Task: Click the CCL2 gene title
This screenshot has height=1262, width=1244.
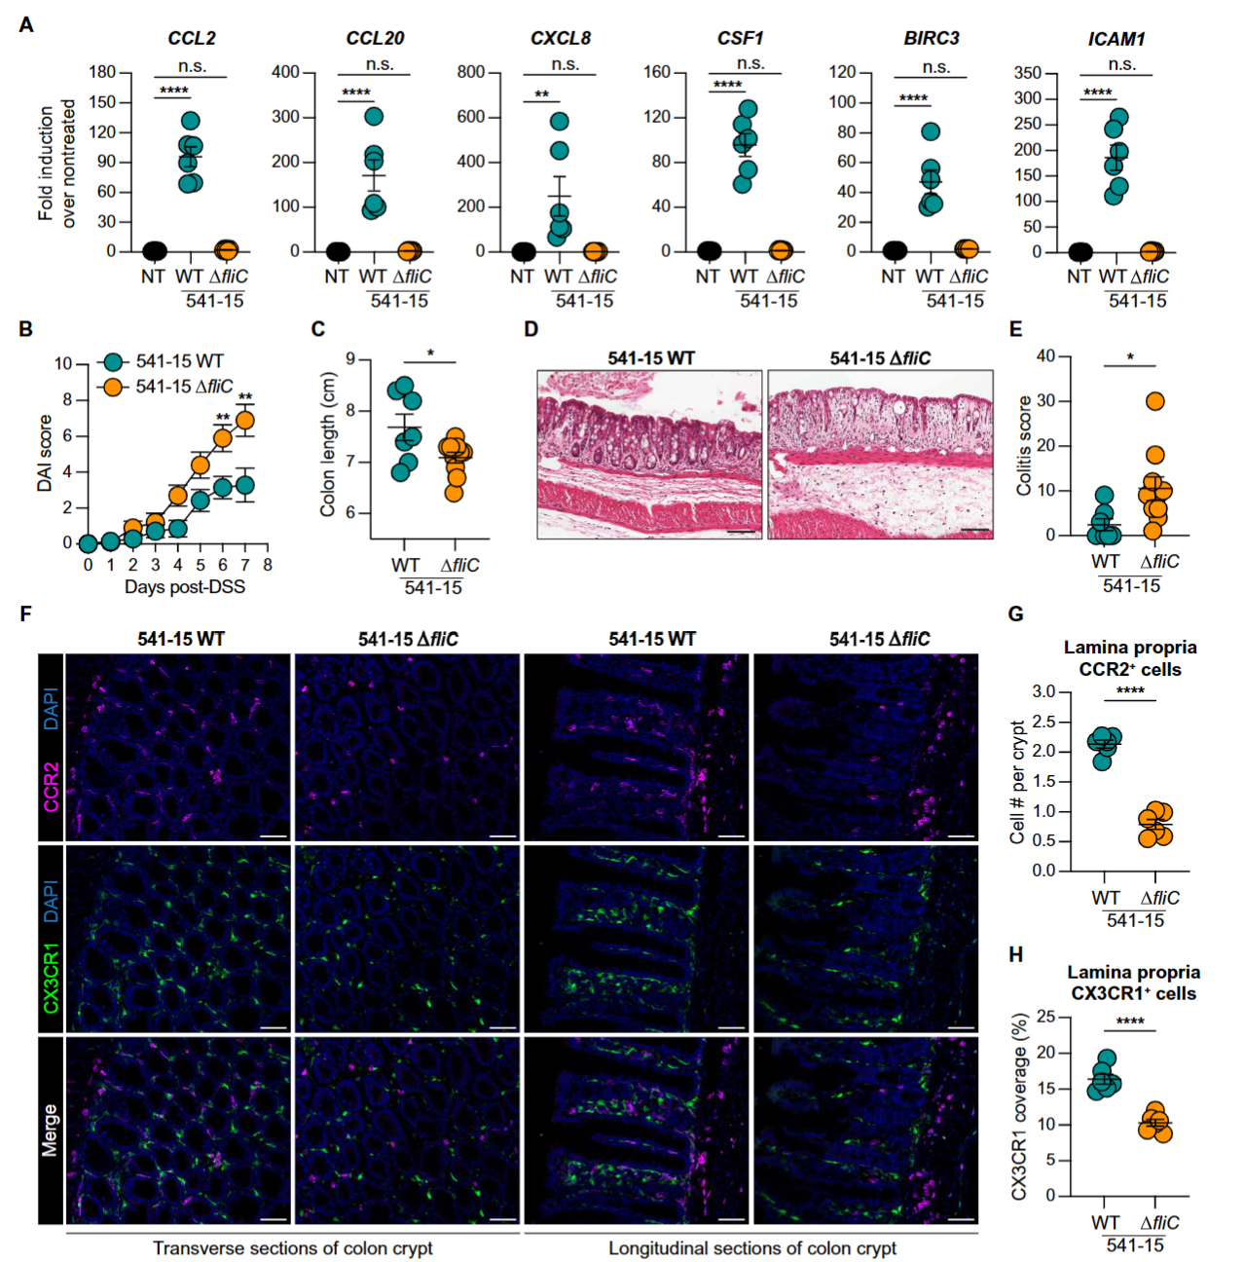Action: click(192, 38)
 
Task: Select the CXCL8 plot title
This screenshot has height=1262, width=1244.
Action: click(561, 38)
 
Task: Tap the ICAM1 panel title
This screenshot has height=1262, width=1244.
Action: click(1116, 39)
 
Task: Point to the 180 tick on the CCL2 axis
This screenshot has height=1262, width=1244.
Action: click(102, 72)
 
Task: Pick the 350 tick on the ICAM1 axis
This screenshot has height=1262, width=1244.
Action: click(1028, 73)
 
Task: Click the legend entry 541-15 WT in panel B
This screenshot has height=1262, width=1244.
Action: click(179, 361)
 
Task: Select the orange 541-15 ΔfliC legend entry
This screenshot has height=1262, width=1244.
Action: click(184, 387)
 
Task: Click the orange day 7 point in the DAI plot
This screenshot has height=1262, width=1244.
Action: click(245, 421)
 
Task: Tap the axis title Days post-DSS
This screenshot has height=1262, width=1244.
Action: click(185, 587)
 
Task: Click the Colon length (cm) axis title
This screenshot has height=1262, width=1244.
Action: click(328, 446)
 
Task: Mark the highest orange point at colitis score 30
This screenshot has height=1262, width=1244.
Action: click(1154, 401)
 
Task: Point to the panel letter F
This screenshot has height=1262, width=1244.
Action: click(25, 613)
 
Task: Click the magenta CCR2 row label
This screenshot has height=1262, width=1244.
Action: click(51, 787)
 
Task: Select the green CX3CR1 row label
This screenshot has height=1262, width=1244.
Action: click(51, 977)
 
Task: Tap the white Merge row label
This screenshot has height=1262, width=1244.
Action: click(51, 1130)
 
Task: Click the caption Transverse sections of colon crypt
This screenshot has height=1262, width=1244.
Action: click(292, 1248)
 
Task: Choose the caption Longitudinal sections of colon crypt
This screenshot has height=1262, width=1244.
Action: click(752, 1248)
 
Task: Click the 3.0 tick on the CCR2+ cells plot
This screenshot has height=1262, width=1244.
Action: click(1043, 692)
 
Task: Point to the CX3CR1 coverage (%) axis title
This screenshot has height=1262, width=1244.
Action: click(1019, 1107)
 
